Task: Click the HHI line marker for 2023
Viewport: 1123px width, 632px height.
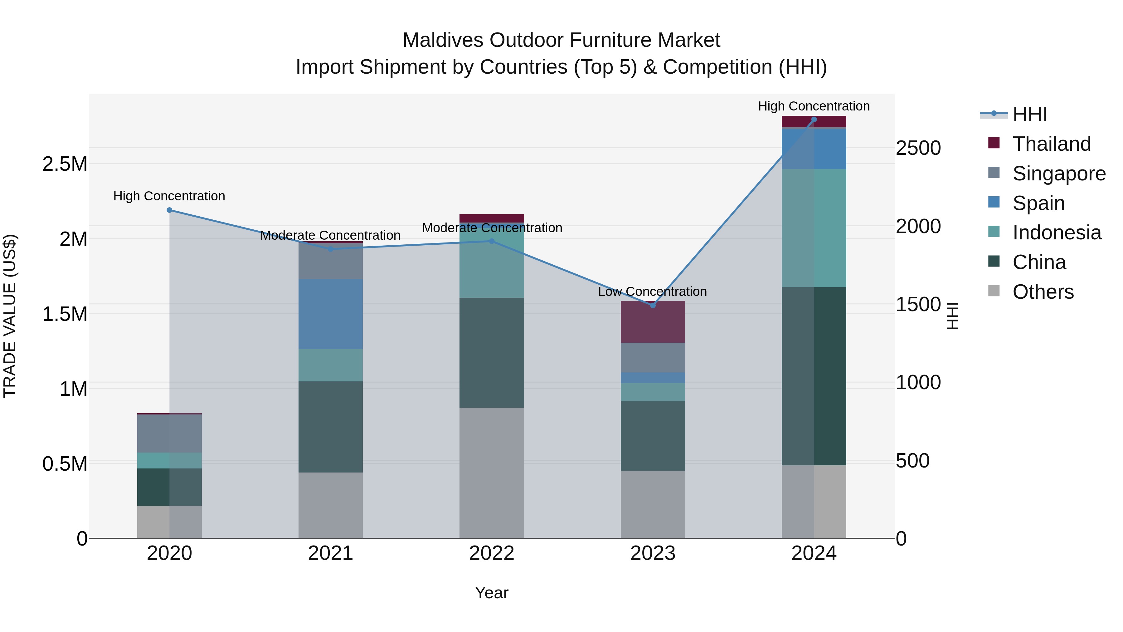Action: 653,305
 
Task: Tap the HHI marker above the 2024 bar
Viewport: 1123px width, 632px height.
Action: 814,120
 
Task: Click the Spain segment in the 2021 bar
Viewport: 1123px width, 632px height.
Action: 330,314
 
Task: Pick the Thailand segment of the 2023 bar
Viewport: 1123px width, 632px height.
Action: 653,322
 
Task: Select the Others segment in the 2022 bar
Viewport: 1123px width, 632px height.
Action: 491,473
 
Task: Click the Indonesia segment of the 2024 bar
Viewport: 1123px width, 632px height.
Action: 814,228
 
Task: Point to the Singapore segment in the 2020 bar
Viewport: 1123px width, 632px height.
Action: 170,434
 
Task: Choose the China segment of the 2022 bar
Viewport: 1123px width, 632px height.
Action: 491,353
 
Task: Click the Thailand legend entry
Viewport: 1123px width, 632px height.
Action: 1052,144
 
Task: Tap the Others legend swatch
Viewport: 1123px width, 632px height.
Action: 994,291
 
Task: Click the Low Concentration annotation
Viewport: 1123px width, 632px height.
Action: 652,292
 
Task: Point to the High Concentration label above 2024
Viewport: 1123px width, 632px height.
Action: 814,106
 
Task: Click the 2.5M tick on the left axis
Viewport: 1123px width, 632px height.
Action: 65,164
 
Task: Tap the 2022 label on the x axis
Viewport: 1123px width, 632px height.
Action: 491,553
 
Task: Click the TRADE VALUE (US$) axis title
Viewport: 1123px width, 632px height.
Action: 10,316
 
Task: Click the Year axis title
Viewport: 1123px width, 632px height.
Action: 491,593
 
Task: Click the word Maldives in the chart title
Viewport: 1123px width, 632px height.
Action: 443,40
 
